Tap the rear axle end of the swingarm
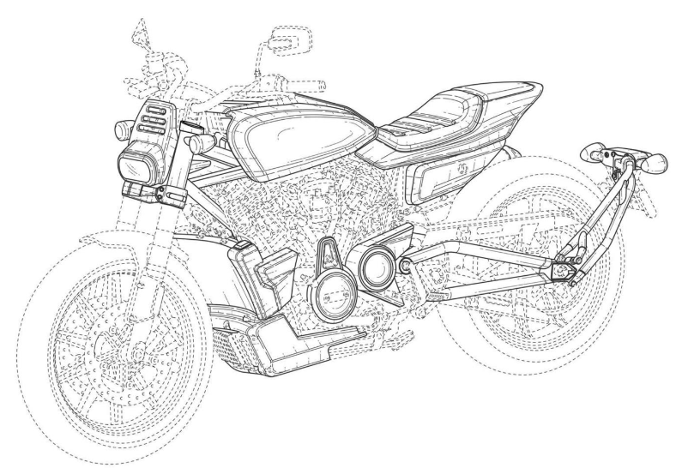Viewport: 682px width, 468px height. (x=563, y=273)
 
